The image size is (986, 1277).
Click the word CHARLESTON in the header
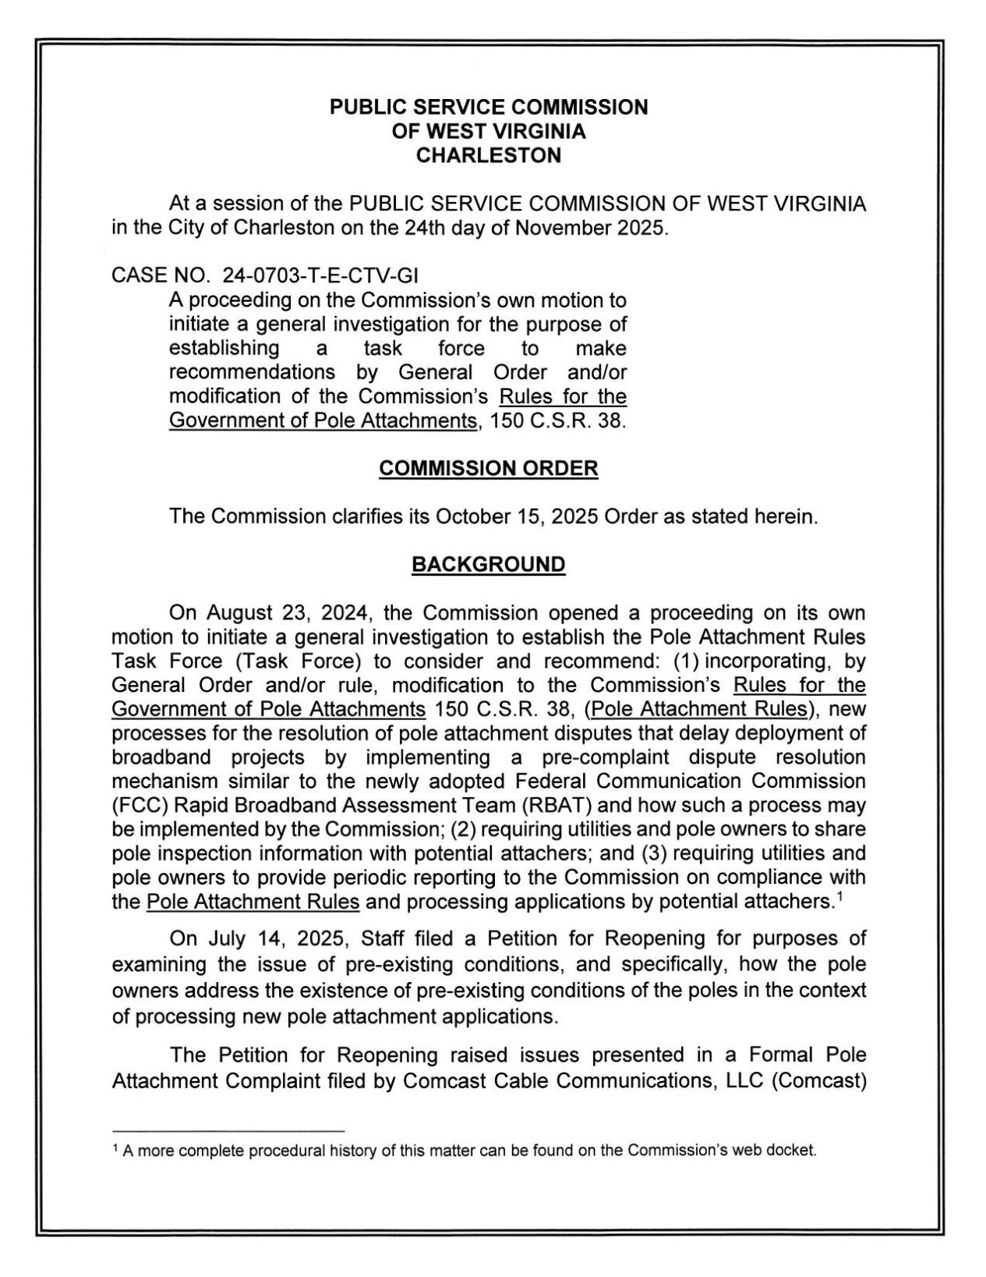point(488,155)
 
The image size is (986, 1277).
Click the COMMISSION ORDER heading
point(488,469)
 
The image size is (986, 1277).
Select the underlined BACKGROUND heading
point(488,565)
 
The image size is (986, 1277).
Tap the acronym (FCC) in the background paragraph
point(137,805)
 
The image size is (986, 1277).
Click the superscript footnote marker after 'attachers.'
point(839,896)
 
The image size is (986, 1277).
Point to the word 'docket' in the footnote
point(794,1151)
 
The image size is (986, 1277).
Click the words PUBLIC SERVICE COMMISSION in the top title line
point(488,108)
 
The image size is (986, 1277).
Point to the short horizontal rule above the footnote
point(228,1130)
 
